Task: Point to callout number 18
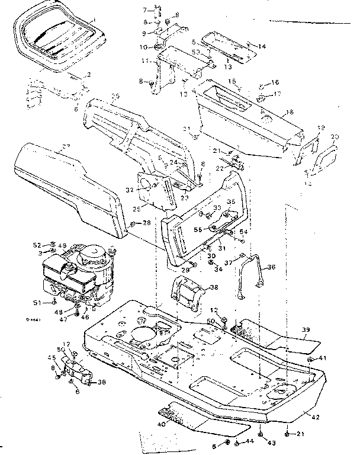point(290,112)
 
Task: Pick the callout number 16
point(275,82)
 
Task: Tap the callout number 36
point(272,268)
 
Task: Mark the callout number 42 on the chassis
point(316,417)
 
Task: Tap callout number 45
point(52,357)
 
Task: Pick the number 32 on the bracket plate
point(129,190)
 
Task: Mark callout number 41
point(323,358)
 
